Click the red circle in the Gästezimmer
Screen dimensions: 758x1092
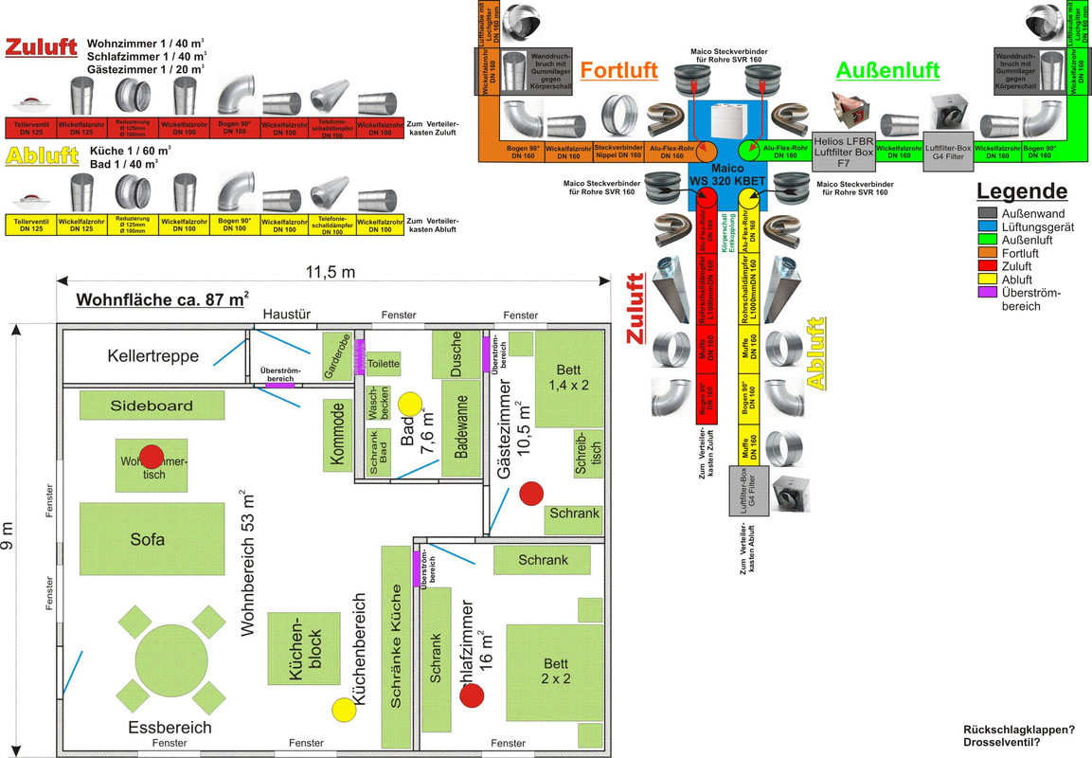[x=531, y=493]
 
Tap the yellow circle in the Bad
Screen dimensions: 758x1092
[x=409, y=403]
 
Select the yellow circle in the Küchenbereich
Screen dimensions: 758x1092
[x=342, y=709]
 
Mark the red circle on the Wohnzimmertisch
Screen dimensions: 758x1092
[x=151, y=456]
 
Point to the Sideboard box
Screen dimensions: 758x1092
[x=152, y=406]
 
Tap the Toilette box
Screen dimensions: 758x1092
[x=384, y=364]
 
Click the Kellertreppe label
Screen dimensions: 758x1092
[x=152, y=356]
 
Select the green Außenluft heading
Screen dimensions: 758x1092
[x=887, y=70]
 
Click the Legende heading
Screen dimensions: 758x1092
[x=1021, y=191]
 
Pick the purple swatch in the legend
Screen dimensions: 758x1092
[x=990, y=293]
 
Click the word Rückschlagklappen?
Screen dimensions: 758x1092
[x=1018, y=730]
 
